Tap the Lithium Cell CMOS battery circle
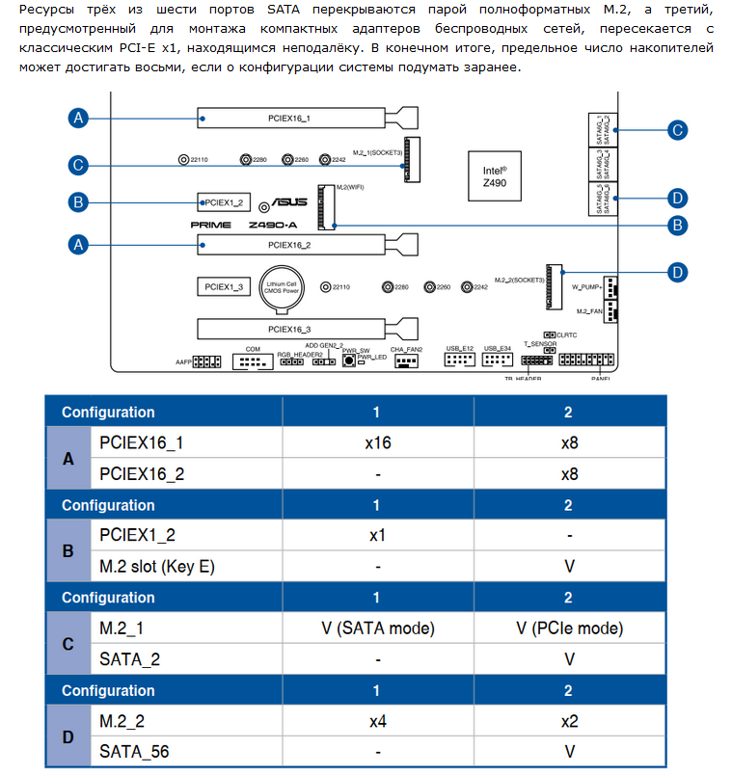click(285, 286)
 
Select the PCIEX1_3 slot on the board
click(225, 286)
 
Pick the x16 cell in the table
click(377, 443)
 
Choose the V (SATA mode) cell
click(377, 628)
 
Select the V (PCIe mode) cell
click(569, 628)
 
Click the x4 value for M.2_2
click(377, 721)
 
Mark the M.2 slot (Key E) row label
click(157, 567)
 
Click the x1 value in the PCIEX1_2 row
click(377, 536)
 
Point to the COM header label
click(253, 349)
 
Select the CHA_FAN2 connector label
click(407, 349)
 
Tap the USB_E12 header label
click(459, 349)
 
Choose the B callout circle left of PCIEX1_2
click(80, 202)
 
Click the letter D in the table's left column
click(68, 737)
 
